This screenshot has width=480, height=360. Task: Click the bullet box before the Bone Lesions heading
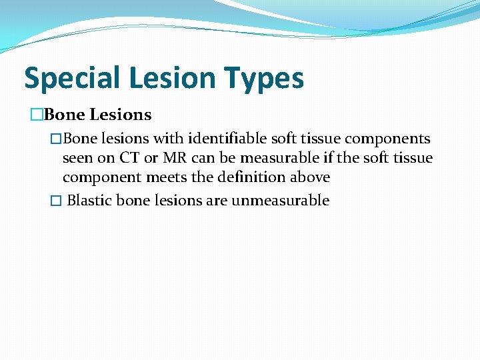tap(37, 115)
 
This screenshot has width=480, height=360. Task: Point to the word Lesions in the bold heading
tap(120, 115)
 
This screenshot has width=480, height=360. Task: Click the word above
tap(311, 177)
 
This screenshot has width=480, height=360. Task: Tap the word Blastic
tap(89, 201)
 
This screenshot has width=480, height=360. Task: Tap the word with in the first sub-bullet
tap(169, 139)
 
